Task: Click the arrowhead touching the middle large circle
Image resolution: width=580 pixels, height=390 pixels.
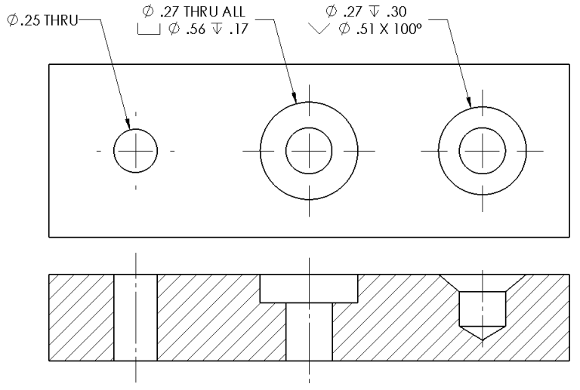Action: pyautogui.click(x=295, y=99)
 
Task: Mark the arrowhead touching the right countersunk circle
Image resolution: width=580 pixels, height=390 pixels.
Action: pyautogui.click(x=470, y=104)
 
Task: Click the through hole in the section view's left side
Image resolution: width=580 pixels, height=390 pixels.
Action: pyautogui.click(x=136, y=317)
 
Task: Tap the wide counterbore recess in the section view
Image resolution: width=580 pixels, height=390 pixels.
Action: pyautogui.click(x=308, y=288)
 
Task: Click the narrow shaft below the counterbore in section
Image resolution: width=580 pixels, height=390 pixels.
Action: pyautogui.click(x=308, y=332)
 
